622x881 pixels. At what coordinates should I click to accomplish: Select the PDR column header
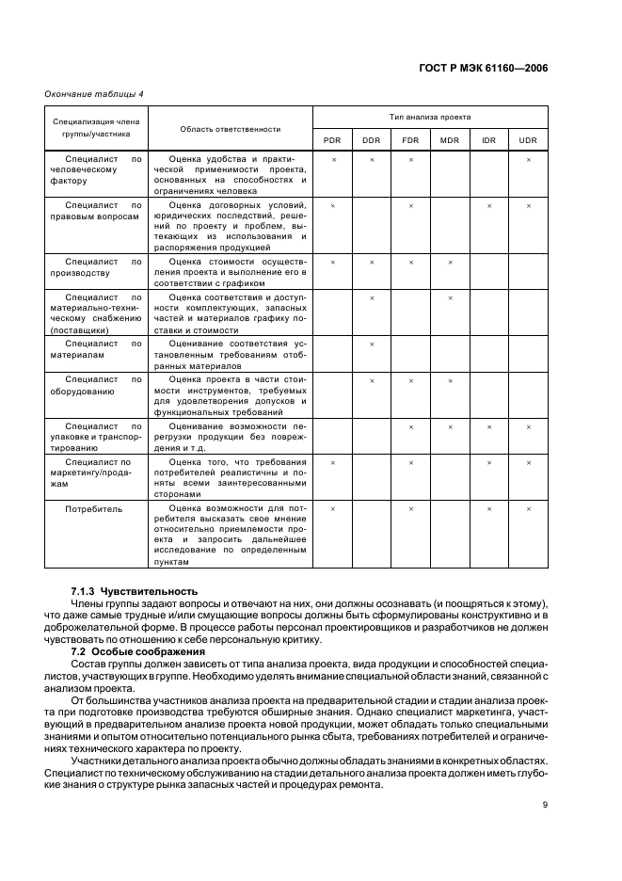(x=332, y=139)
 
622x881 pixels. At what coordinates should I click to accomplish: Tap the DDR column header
(x=372, y=139)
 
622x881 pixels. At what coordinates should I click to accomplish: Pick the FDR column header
(x=411, y=139)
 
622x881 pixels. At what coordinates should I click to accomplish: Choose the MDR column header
(x=450, y=139)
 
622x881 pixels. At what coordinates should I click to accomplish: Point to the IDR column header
(x=489, y=139)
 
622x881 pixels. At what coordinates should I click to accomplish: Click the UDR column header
(x=529, y=139)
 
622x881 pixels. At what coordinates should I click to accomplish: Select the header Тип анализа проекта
(x=430, y=117)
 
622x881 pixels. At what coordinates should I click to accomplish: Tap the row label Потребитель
(x=94, y=508)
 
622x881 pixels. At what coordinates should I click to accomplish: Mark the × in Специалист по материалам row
(x=372, y=344)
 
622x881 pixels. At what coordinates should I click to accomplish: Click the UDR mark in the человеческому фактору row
(x=529, y=159)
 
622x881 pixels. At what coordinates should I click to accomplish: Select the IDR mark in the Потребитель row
(x=489, y=508)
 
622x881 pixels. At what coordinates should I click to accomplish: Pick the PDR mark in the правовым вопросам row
(x=332, y=205)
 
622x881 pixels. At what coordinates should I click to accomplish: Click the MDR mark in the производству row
(x=450, y=262)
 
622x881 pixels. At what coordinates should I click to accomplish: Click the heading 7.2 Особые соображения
(x=125, y=651)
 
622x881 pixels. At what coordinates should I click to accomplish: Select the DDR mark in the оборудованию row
(x=372, y=380)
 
